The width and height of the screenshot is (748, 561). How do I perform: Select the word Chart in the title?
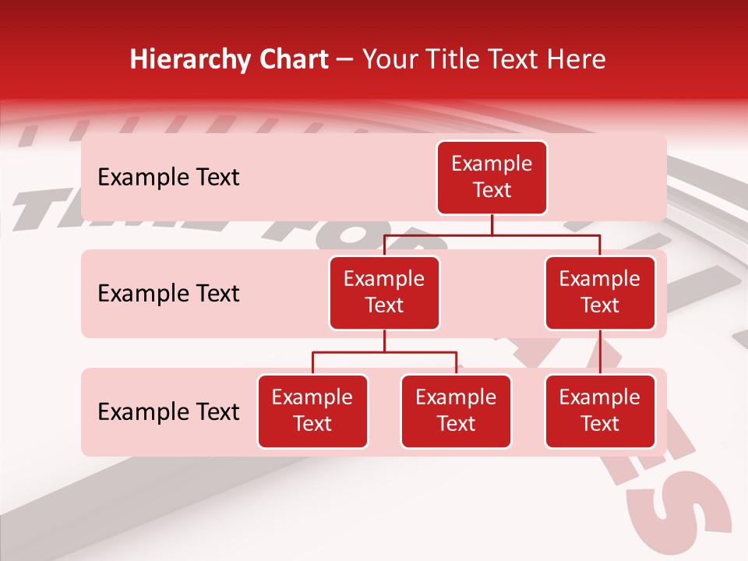pyautogui.click(x=292, y=60)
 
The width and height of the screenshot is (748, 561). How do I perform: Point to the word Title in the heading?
pyautogui.click(x=457, y=60)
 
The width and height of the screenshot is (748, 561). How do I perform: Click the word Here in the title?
pyautogui.click(x=574, y=60)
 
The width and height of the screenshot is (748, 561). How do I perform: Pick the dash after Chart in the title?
pyautogui.click(x=345, y=61)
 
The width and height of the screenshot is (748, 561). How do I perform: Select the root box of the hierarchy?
pyautogui.click(x=492, y=178)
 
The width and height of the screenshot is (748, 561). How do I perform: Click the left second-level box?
pyautogui.click(x=384, y=293)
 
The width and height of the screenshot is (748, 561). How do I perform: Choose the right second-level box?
pyautogui.click(x=600, y=293)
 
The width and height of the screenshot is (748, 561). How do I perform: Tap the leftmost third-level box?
pyautogui.click(x=312, y=411)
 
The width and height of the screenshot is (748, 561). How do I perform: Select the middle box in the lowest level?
pyautogui.click(x=456, y=411)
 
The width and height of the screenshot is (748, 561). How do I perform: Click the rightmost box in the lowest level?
pyautogui.click(x=600, y=411)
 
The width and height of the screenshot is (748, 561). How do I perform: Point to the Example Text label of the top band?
pyautogui.click(x=168, y=178)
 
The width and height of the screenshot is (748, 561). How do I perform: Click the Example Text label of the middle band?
pyautogui.click(x=168, y=294)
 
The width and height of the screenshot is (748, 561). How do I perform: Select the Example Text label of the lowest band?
pyautogui.click(x=168, y=412)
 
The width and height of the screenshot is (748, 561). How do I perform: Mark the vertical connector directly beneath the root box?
pyautogui.click(x=492, y=224)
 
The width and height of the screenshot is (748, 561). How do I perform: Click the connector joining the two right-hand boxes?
pyautogui.click(x=600, y=352)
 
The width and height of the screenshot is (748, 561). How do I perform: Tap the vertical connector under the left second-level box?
pyautogui.click(x=384, y=341)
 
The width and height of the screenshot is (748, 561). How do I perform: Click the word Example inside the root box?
pyautogui.click(x=492, y=164)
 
